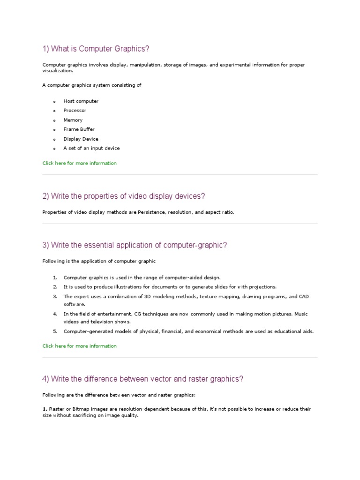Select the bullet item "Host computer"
(81, 101)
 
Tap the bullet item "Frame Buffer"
(79, 129)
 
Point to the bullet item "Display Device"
(81, 139)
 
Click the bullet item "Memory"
(73, 120)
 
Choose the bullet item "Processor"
(75, 111)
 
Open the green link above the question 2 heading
(79, 163)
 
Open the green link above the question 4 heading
(79, 346)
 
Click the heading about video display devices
(124, 196)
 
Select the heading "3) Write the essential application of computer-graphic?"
(135, 245)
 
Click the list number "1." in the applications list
(55, 277)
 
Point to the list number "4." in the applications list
(55, 314)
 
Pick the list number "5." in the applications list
(55, 331)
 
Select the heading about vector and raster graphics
(143, 379)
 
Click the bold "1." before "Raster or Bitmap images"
(45, 409)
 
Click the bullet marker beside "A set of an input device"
(54, 149)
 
